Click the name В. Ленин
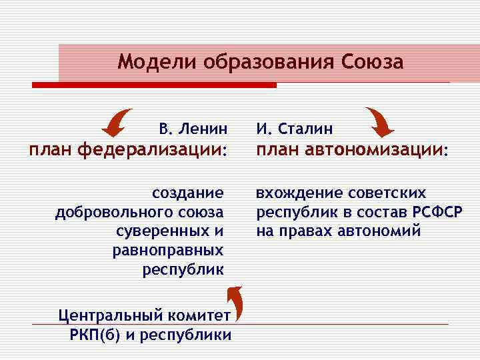193,128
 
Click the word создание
188,193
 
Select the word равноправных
167,250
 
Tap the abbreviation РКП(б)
93,334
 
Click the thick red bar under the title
154,85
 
